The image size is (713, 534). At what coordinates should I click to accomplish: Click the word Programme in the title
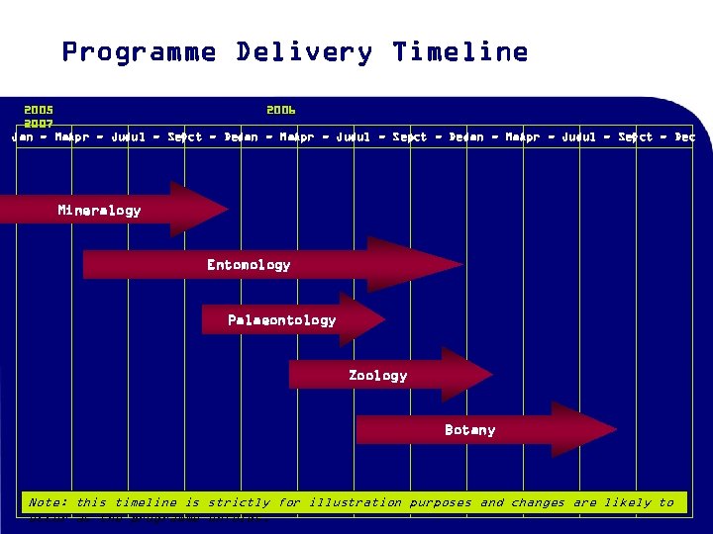pyautogui.click(x=139, y=52)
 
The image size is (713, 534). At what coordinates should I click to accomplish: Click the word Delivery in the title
pyautogui.click(x=304, y=52)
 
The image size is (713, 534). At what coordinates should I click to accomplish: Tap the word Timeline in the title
pyautogui.click(x=459, y=52)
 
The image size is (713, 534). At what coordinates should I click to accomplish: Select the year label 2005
pyautogui.click(x=39, y=110)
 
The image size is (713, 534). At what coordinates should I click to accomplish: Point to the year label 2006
pyautogui.click(x=280, y=110)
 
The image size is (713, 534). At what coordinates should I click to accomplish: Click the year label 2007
pyautogui.click(x=39, y=124)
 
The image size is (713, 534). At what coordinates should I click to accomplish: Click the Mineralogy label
pyautogui.click(x=99, y=210)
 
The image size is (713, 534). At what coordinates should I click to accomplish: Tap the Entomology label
pyautogui.click(x=249, y=264)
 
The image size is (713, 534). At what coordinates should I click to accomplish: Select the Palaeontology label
pyautogui.click(x=281, y=319)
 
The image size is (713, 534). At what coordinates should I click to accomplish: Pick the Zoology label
pyautogui.click(x=377, y=375)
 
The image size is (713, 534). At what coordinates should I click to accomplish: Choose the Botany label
pyautogui.click(x=469, y=429)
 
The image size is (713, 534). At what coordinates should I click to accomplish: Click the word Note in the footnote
pyautogui.click(x=48, y=502)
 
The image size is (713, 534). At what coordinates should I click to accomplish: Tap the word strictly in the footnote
pyautogui.click(x=239, y=502)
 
